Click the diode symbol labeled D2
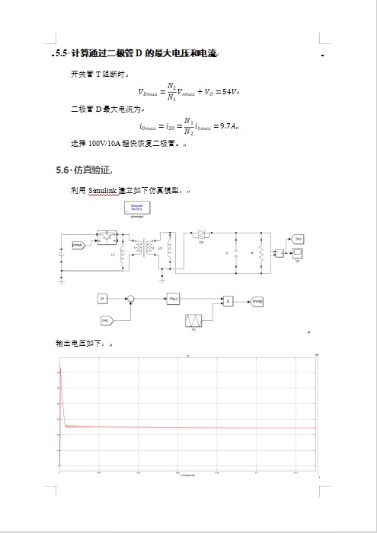coord(202,233)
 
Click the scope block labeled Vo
coord(297,252)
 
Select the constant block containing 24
coord(102,299)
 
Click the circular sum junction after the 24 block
coord(131,300)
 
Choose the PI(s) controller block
coord(174,300)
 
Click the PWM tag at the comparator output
coord(257,302)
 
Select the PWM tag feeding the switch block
coord(77,246)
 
